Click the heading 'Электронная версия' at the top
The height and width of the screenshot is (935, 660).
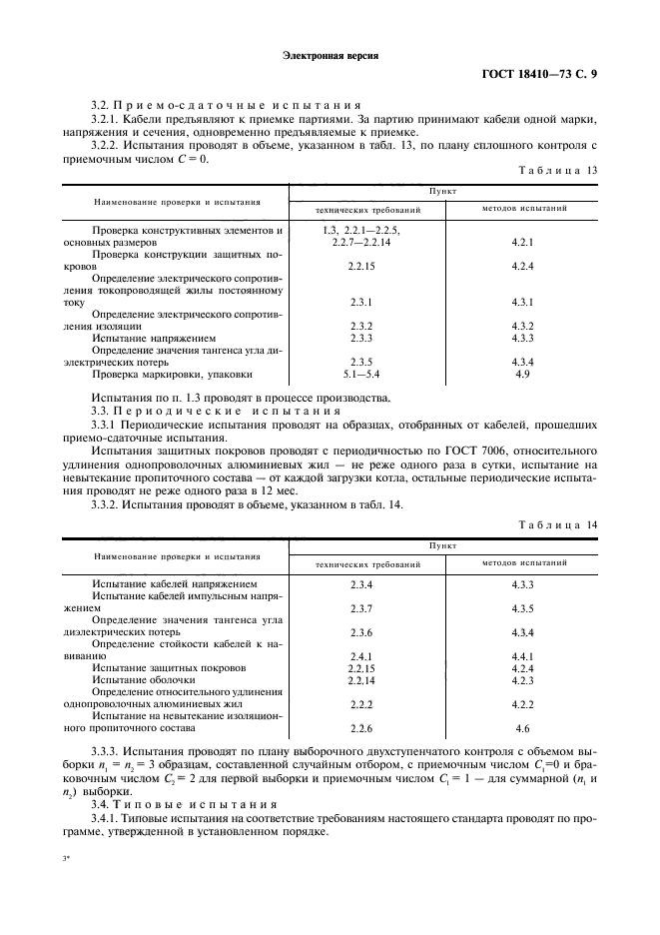click(x=330, y=56)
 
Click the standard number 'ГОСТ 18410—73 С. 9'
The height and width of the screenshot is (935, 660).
click(x=540, y=75)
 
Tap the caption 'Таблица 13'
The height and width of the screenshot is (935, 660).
click(x=558, y=171)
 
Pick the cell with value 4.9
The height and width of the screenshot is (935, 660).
click(x=522, y=375)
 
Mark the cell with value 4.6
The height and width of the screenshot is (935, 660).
click(x=522, y=729)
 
